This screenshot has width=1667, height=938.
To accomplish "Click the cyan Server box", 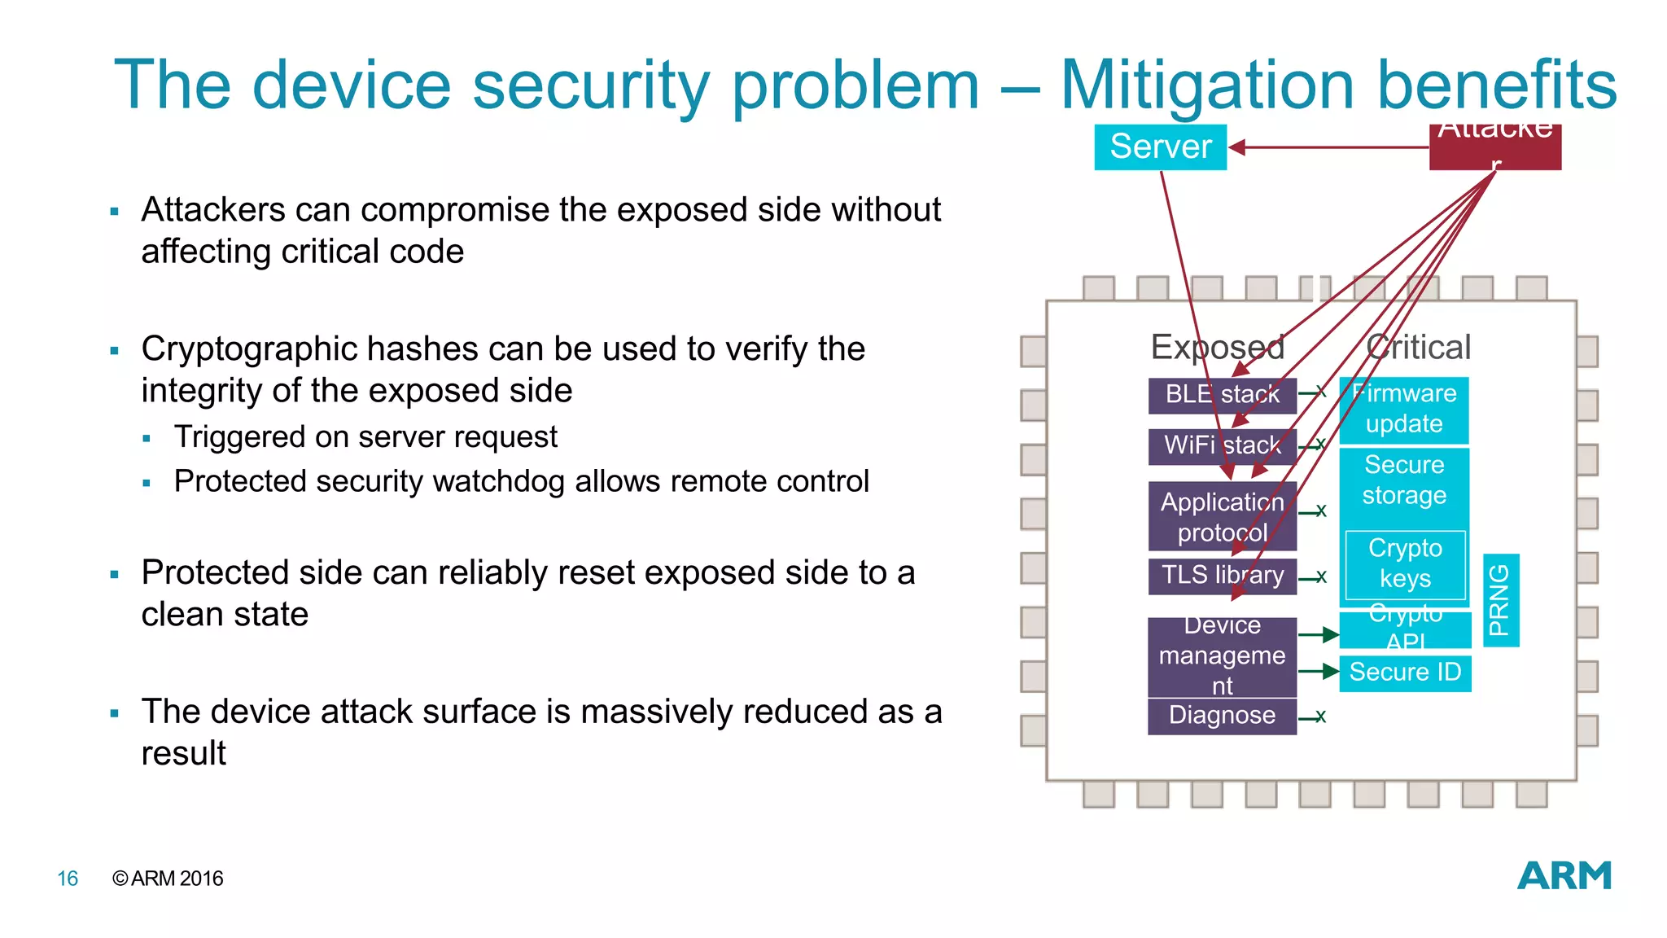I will coord(1160,147).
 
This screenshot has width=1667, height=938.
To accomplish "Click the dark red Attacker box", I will coord(1494,147).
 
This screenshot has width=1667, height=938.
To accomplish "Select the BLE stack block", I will coord(1222,395).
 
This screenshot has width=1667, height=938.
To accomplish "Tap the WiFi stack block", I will coord(1222,445).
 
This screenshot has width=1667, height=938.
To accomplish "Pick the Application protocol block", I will coord(1222,517).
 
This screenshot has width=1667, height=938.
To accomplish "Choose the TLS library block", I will coord(1222,576).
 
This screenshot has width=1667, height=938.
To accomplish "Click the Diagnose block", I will coord(1222,716).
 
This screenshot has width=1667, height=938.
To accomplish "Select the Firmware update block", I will coord(1404,409).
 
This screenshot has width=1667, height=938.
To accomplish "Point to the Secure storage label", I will coord(1404,480).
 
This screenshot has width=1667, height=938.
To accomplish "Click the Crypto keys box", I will coord(1405,563).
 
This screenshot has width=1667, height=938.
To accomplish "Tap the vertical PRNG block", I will coord(1500,600).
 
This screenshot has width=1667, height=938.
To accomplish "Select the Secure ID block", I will coord(1405,673).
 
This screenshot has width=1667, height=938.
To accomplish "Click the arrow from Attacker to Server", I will coord(1335,147).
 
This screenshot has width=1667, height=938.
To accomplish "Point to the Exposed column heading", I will coord(1217,348).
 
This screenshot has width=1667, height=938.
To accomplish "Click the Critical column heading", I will coord(1419,348).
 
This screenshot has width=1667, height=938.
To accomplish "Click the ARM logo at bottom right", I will coord(1564,876).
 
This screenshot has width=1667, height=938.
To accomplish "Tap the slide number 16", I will coord(68,879).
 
